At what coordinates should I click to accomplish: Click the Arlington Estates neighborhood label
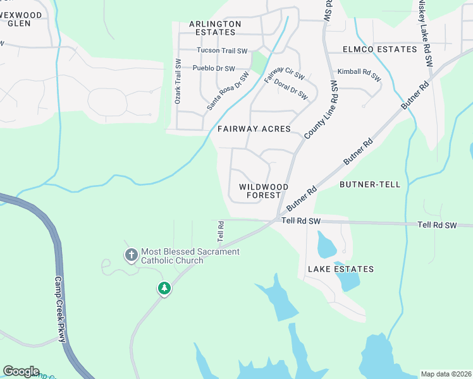coord(215,28)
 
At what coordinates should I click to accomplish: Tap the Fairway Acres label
coord(254,129)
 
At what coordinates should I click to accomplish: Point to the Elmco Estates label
coord(379,49)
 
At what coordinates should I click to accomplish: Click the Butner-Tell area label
coord(370,184)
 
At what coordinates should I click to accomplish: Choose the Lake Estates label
coord(340,269)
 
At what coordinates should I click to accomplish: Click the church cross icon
coord(131,256)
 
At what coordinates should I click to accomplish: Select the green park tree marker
coord(164,289)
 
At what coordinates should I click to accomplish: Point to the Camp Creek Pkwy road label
coord(59,310)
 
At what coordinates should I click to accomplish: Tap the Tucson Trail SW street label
coord(222,51)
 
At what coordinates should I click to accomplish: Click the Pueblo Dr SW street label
coord(214,68)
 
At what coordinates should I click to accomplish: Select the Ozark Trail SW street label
coord(178,82)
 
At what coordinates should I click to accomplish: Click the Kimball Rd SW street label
coord(359,75)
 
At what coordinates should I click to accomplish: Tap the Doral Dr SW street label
coord(291,90)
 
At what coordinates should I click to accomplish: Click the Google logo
coord(21,371)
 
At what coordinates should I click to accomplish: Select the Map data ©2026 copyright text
coord(446,374)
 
